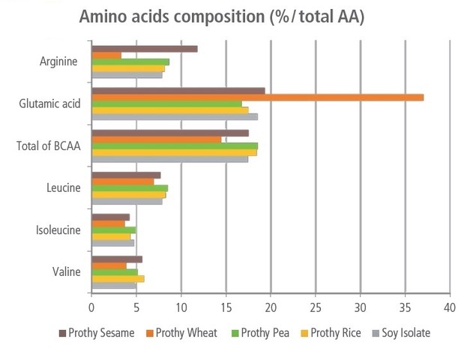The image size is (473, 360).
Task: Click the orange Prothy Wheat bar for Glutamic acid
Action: click(x=257, y=97)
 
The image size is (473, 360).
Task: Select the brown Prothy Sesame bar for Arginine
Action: click(x=144, y=49)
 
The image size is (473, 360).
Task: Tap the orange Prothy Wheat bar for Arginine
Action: click(x=106, y=55)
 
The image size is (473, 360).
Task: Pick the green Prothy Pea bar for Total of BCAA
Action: click(x=174, y=145)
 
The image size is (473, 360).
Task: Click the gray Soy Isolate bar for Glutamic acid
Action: click(x=174, y=116)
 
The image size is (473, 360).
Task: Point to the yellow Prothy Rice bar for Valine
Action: click(x=117, y=278)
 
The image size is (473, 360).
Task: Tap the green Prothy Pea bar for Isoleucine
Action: click(x=113, y=229)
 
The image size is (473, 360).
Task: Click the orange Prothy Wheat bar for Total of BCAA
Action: click(x=156, y=139)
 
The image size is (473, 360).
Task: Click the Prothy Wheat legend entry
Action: click(x=184, y=333)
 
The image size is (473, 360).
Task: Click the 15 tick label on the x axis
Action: click(x=226, y=307)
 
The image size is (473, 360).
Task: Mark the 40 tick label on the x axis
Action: click(x=450, y=307)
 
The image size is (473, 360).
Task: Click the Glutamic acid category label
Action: click(x=49, y=103)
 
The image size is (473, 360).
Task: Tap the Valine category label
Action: click(x=66, y=271)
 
